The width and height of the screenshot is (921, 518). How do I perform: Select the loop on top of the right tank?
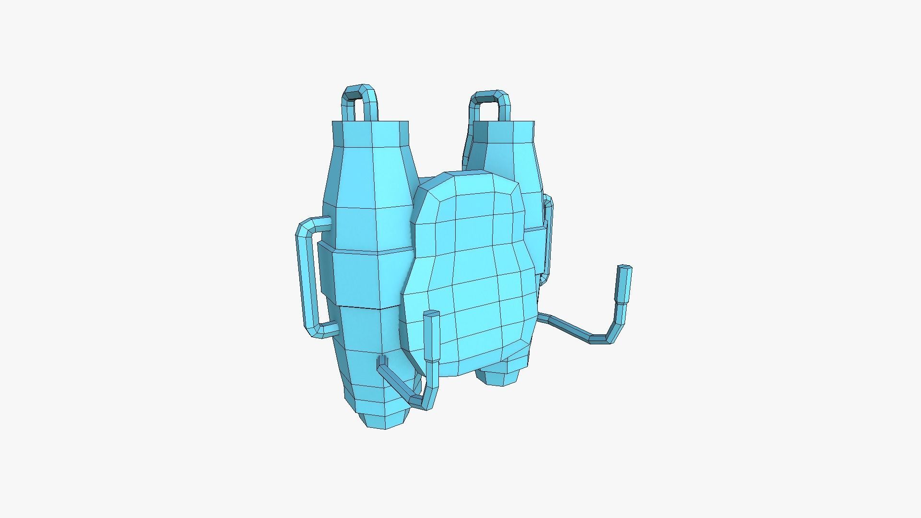(490, 95)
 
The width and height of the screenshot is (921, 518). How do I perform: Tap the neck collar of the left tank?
(370, 134)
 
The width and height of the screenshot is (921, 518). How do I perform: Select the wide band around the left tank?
(365, 278)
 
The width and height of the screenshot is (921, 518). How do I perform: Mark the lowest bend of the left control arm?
(422, 403)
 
